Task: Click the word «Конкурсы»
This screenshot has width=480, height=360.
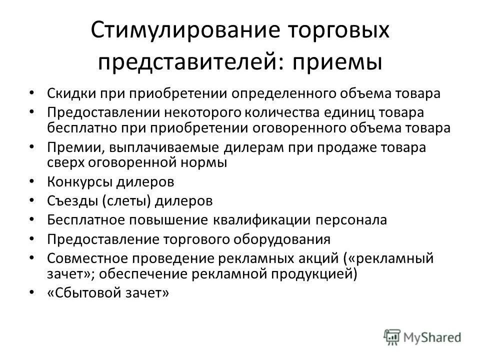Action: point(80,181)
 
